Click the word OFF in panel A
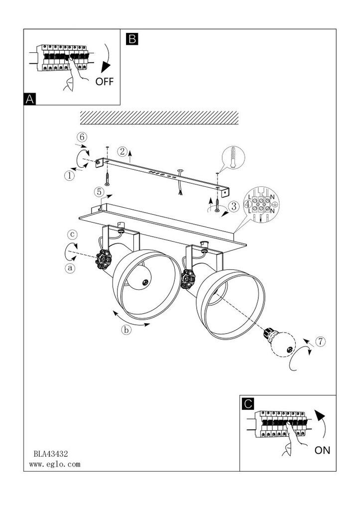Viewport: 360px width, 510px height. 105,81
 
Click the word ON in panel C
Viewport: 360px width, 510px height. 322,450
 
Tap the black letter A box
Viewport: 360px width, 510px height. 29,99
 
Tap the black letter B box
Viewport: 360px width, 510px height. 132,39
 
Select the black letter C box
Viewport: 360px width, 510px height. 248,403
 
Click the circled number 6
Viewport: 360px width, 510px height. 82,137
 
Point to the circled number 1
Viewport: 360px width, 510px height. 70,176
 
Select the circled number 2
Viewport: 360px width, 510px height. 122,151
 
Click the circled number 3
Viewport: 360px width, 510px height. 234,206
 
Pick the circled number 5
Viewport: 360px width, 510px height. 100,192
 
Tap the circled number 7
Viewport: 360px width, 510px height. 320,342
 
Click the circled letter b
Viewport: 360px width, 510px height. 126,330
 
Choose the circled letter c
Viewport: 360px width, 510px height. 72,234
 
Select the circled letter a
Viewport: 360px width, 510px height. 70,268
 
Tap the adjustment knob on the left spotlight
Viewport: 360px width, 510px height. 104,259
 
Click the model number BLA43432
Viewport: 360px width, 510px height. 51,453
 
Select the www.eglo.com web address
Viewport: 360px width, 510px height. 55,464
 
